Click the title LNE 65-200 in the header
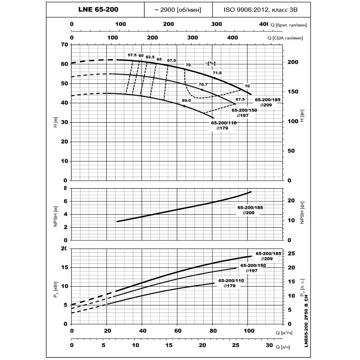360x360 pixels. [98, 9]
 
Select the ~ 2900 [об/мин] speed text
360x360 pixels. [178, 10]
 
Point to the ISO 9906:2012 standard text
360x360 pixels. [246, 10]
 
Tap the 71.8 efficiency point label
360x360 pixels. [217, 73]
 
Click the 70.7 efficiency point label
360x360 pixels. [203, 85]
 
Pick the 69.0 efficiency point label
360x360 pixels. [186, 101]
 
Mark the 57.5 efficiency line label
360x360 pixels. [132, 55]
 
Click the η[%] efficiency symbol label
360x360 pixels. [210, 63]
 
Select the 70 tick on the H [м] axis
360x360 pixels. [65, 45]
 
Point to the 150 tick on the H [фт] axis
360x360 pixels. [293, 92]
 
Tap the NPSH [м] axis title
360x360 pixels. [55, 216]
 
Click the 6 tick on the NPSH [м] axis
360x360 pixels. [66, 202]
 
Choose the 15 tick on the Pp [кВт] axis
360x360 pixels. [65, 268]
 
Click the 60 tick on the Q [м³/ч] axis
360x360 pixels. [178, 331]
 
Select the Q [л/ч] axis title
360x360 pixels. [283, 347]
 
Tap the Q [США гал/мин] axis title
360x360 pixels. [285, 38]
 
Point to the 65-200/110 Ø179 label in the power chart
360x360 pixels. [231, 283]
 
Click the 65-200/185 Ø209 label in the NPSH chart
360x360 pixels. [250, 210]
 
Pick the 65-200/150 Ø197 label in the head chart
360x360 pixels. [244, 113]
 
